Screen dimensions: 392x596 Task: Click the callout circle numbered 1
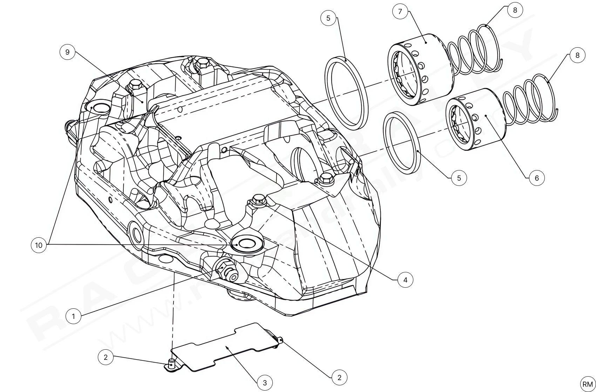(73, 316)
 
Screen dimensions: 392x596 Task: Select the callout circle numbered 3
(265, 383)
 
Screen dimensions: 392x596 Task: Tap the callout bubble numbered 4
(405, 280)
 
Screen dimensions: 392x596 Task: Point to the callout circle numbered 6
(537, 178)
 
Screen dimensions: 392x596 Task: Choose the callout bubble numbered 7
(400, 11)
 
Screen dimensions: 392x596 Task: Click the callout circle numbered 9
(67, 52)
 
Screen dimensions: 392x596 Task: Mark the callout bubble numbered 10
(39, 245)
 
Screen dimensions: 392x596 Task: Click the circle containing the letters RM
(588, 384)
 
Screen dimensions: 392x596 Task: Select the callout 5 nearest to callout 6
(459, 178)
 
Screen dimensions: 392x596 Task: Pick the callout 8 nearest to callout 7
(515, 10)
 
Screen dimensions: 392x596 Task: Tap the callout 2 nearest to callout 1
(106, 357)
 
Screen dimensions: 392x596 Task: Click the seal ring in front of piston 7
(346, 92)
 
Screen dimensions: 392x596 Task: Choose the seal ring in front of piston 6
(402, 143)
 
